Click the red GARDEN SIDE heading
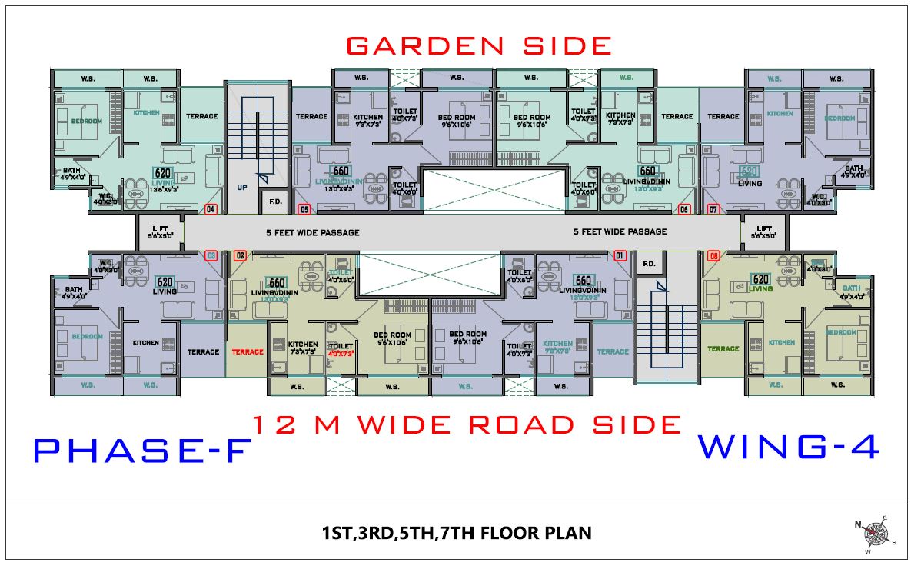(x=478, y=45)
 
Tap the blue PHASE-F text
(x=142, y=451)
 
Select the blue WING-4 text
(x=788, y=448)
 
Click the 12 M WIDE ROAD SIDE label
(x=467, y=424)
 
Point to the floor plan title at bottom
(x=457, y=532)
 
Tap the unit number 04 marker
(x=211, y=208)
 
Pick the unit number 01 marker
(x=620, y=255)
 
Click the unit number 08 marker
(x=714, y=255)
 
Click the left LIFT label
(x=160, y=228)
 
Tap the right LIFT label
(x=764, y=228)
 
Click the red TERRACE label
(x=248, y=351)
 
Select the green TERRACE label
(x=723, y=348)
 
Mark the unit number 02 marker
(x=240, y=255)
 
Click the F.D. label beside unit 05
(x=274, y=202)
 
